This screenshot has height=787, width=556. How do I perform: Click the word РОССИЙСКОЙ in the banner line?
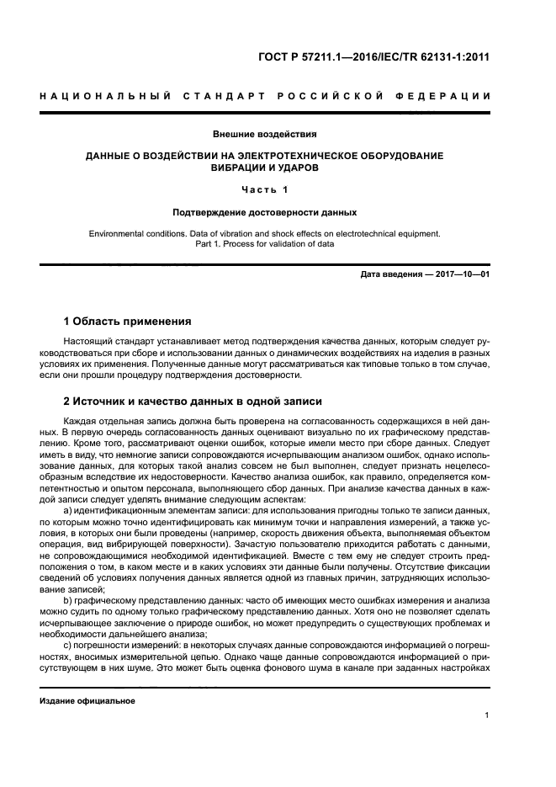[x=315, y=97]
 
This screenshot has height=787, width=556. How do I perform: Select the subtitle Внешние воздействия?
[x=265, y=134]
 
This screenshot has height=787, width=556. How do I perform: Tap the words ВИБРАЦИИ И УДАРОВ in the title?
[x=265, y=168]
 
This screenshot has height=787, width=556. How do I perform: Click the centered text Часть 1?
[x=265, y=189]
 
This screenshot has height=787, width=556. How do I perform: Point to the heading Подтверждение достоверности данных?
[x=265, y=212]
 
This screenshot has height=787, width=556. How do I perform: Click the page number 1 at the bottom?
[x=487, y=715]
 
